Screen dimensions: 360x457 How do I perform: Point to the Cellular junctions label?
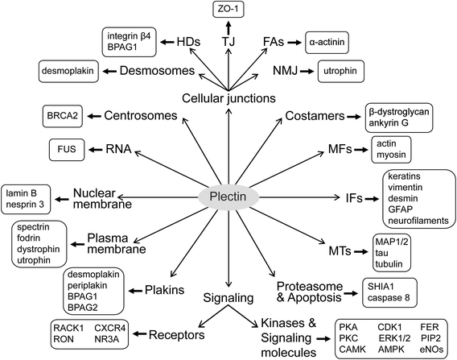(228, 97)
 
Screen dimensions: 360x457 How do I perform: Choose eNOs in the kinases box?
(431, 346)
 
